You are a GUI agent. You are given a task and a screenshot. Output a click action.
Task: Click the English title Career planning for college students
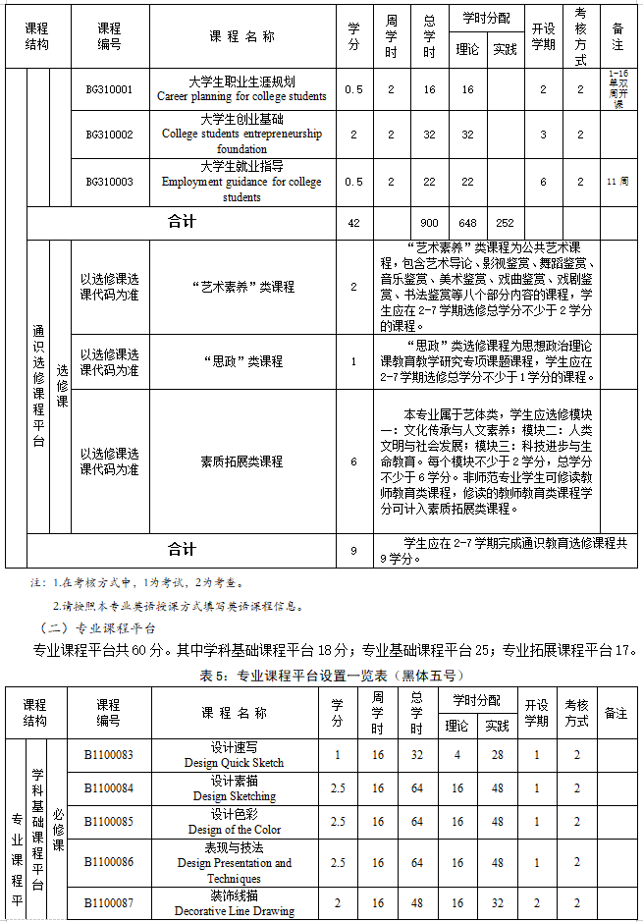[x=241, y=97]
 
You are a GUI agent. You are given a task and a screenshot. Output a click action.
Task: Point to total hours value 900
[x=429, y=223]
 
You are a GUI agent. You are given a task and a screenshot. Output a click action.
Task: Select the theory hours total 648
[x=467, y=223]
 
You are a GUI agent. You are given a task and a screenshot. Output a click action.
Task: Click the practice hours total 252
[x=505, y=223]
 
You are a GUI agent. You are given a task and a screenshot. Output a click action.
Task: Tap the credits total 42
[x=353, y=223]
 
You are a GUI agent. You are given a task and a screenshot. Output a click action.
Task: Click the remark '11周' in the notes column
[x=617, y=182]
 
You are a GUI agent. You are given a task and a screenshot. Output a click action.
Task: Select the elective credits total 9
[x=353, y=551]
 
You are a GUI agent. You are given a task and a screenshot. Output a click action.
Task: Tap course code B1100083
[x=108, y=755]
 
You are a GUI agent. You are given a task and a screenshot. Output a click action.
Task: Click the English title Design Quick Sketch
[x=234, y=763]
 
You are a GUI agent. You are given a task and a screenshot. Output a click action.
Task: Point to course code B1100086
[x=108, y=863]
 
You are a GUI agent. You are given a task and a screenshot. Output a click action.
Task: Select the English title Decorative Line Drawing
[x=234, y=911]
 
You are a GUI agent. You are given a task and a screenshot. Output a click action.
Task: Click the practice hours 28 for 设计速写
[x=497, y=755]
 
